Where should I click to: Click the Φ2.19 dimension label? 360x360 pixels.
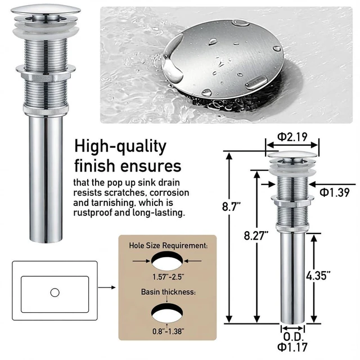coord(292,137)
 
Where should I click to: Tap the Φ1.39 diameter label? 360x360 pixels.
coord(335,192)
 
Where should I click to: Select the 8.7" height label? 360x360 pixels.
coord(231,206)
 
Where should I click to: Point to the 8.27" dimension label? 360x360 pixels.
coord(256,235)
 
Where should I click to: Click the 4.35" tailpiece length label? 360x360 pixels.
coord(318,275)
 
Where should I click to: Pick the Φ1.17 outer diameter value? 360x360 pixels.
coord(292,347)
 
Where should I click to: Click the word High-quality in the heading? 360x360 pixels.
coord(120,147)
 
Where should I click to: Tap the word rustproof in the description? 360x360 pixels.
coord(93,213)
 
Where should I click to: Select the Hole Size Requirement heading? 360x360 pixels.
coord(168,245)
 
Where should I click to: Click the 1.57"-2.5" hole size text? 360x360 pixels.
coord(168,277)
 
